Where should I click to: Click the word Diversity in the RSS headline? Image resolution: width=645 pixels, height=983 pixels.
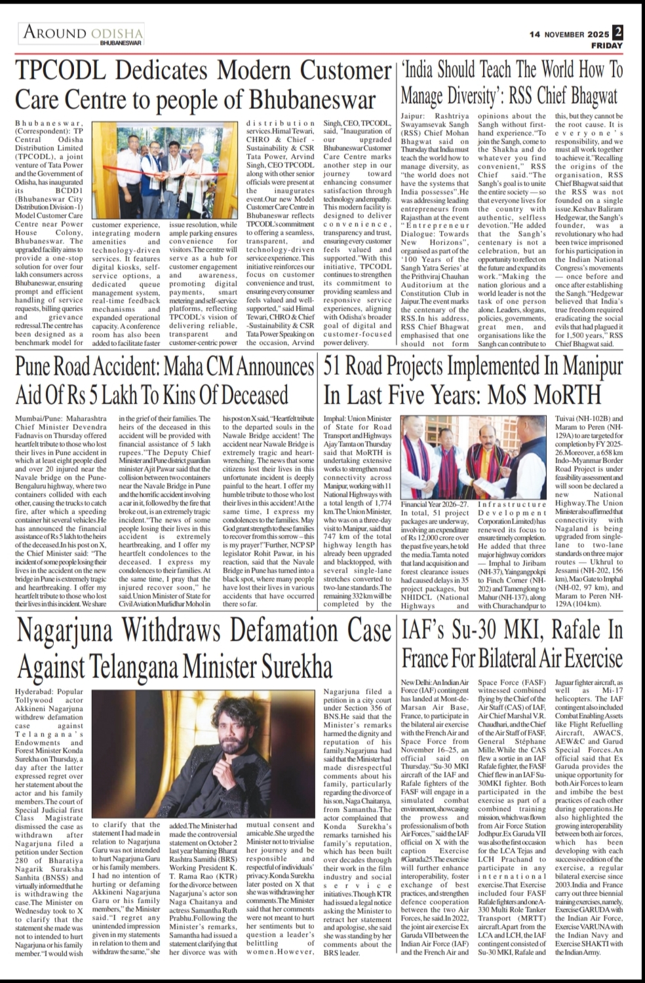(x=466, y=96)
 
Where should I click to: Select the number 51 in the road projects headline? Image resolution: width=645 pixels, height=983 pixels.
(x=333, y=366)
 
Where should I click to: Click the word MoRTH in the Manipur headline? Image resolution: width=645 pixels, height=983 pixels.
(x=568, y=394)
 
